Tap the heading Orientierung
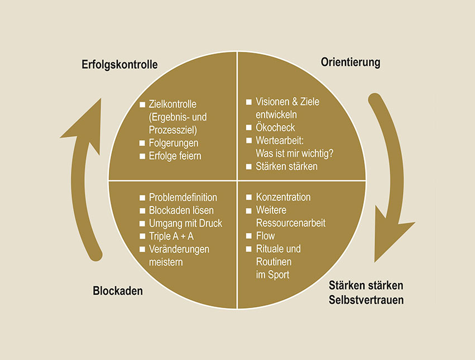[x=351, y=63]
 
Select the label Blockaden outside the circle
[x=118, y=291]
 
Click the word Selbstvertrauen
[x=366, y=300]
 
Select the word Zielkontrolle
[x=173, y=104]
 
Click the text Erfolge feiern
[x=175, y=156]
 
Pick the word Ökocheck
[x=275, y=128]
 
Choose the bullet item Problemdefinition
[x=183, y=198]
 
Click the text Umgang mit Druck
[x=185, y=223]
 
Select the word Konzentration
[x=283, y=198]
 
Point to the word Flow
[x=265, y=236]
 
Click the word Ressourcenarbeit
[x=290, y=223]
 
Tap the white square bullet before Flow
[x=249, y=237]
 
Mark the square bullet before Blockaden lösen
[x=142, y=211]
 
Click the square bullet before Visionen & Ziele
[x=249, y=103]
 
